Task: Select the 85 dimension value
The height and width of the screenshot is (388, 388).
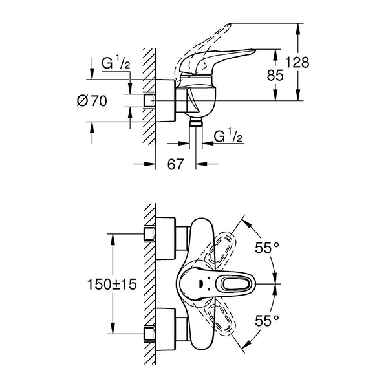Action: point(275,75)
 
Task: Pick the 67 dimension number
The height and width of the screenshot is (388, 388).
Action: point(176,166)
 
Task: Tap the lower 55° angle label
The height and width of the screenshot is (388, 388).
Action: point(268,319)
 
